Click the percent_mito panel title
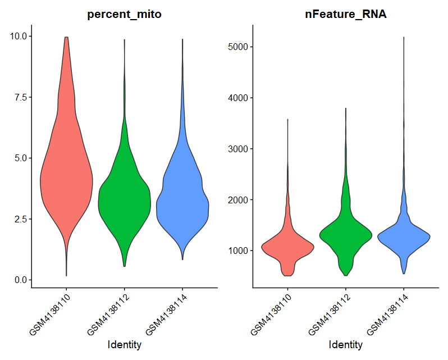pyautogui.click(x=124, y=15)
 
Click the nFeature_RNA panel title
pyautogui.click(x=345, y=15)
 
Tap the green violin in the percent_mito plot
pyautogui.click(x=124, y=202)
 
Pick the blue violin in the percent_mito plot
pyautogui.click(x=182, y=202)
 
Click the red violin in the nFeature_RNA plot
pyautogui.click(x=288, y=247)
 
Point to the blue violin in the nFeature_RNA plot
pyautogui.click(x=403, y=236)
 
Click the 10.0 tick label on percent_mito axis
pyautogui.click(x=18, y=37)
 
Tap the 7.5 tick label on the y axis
pyautogui.click(x=20, y=97)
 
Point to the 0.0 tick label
pyautogui.click(x=20, y=280)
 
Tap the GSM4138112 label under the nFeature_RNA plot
pyautogui.click(x=329, y=313)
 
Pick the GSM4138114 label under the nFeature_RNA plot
pyautogui.click(x=387, y=313)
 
